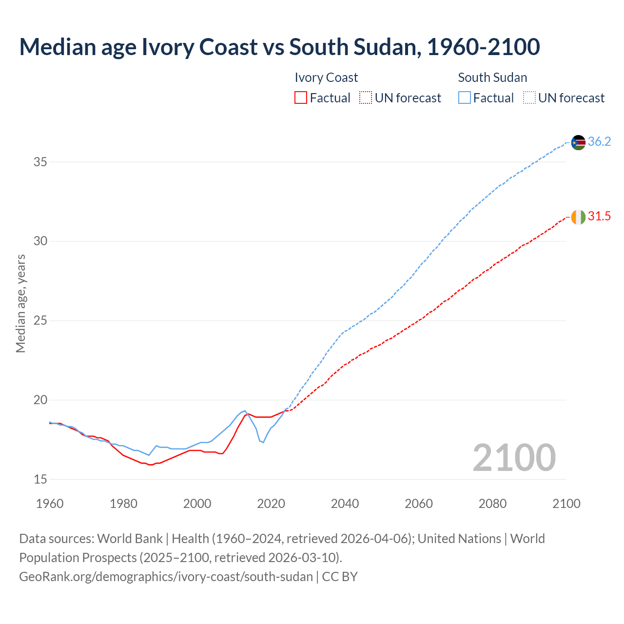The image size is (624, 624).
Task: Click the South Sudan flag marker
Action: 578,142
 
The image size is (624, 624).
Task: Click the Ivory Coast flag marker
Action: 578,217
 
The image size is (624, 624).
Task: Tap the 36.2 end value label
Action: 599,142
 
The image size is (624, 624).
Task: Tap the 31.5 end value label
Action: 599,216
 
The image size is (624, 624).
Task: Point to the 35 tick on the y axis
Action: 40,162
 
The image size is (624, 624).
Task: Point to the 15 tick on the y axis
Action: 40,479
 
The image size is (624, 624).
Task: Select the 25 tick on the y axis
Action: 40,321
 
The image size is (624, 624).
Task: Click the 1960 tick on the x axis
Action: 50,504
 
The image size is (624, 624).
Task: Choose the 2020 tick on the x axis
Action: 271,504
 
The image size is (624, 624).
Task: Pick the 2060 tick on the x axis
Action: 419,504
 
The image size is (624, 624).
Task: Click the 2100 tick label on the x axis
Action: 566,504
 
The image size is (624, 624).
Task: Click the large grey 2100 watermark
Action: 514,457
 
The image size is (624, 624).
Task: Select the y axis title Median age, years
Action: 20,303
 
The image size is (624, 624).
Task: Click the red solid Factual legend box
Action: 301,98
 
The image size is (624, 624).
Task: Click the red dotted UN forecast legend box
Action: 366,98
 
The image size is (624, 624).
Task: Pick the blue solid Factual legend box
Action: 465,98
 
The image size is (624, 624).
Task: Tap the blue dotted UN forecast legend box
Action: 529,98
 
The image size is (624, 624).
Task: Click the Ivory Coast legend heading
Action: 326,78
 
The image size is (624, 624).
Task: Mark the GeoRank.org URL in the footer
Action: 166,577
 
